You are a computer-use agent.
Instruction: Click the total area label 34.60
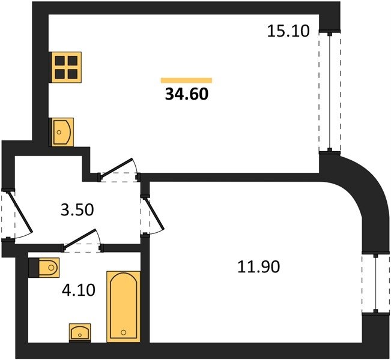(x=187, y=94)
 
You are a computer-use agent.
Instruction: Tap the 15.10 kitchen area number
(x=288, y=31)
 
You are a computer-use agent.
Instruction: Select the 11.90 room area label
(x=259, y=267)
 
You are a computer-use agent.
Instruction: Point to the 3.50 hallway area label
(x=77, y=210)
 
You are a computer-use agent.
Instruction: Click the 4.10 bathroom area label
(x=79, y=290)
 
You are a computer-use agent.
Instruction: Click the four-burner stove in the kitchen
(x=65, y=67)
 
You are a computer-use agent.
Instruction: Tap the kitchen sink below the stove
(x=61, y=132)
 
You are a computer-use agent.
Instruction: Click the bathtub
(x=124, y=307)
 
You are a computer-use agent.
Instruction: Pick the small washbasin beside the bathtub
(x=80, y=332)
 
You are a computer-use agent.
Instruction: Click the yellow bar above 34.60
(x=186, y=80)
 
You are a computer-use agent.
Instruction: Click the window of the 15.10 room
(x=330, y=91)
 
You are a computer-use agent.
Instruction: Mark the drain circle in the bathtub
(x=124, y=332)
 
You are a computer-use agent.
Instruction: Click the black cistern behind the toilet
(x=34, y=268)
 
